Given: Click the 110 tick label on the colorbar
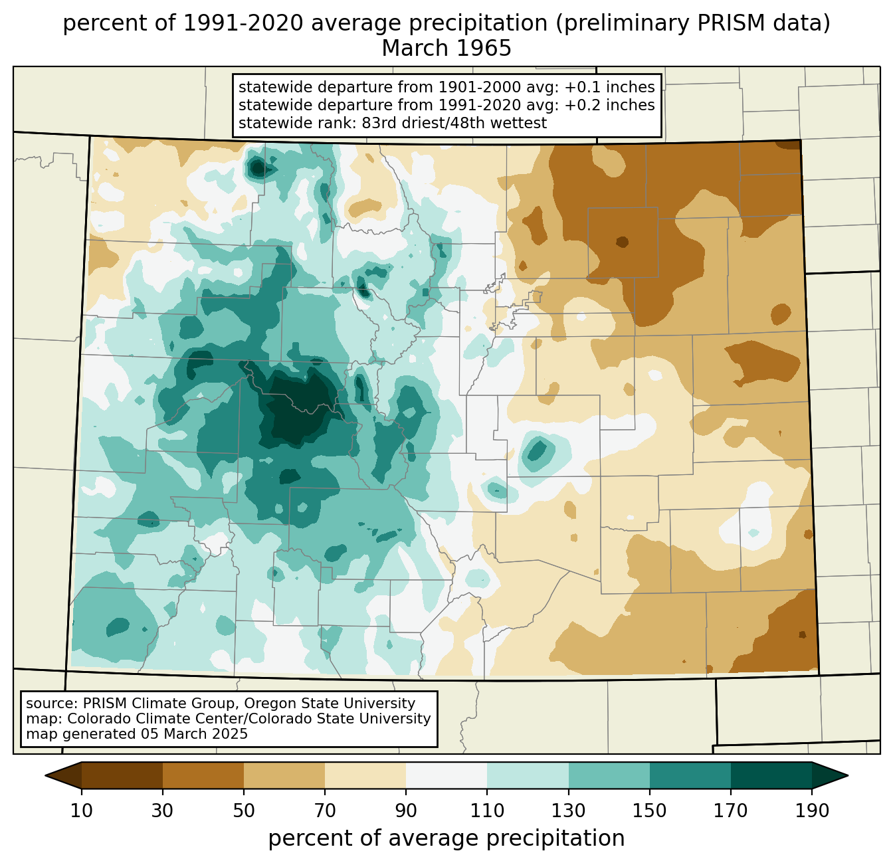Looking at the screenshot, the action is pyautogui.click(x=487, y=811).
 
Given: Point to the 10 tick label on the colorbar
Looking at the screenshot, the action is pyautogui.click(x=81, y=811).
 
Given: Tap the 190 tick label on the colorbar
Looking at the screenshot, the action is pyautogui.click(x=812, y=811).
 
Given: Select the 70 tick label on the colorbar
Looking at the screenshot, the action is pyautogui.click(x=325, y=811).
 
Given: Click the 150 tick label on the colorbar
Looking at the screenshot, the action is pyautogui.click(x=649, y=811).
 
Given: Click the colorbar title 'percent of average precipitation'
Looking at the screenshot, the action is pyautogui.click(x=446, y=838).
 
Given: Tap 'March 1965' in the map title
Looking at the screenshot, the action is pyautogui.click(x=446, y=48).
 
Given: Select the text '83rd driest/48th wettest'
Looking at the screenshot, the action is pyautogui.click(x=454, y=123).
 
